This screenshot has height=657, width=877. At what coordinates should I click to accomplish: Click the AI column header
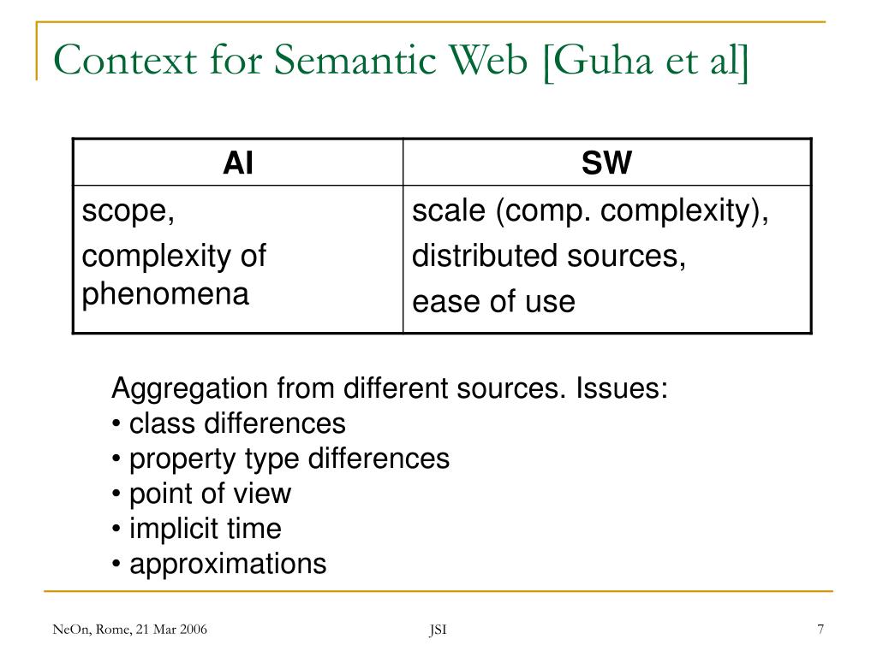pyautogui.click(x=237, y=163)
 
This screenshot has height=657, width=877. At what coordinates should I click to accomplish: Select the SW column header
pyautogui.click(x=606, y=163)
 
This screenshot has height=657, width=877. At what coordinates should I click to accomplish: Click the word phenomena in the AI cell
pyautogui.click(x=165, y=294)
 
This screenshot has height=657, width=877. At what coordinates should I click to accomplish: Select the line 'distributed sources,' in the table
pyautogui.click(x=549, y=256)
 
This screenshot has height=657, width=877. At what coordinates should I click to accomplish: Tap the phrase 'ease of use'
pyautogui.click(x=493, y=301)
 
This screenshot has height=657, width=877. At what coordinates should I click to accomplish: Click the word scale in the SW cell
pyautogui.click(x=449, y=211)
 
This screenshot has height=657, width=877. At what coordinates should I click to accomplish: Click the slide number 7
pyautogui.click(x=820, y=630)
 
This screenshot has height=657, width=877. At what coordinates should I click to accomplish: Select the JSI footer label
pyautogui.click(x=438, y=631)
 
